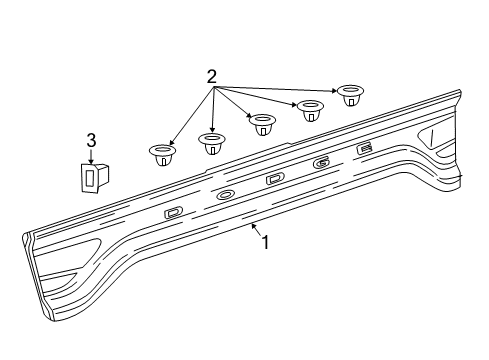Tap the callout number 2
tap(211, 77)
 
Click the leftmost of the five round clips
tap(160, 154)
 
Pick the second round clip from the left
tap(211, 142)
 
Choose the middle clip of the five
tap(262, 124)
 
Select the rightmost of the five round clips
tap(350, 94)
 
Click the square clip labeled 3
tap(90, 176)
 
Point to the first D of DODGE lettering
tap(174, 212)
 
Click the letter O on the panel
tap(225, 195)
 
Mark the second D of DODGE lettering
tap(275, 180)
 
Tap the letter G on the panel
tap(321, 163)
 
